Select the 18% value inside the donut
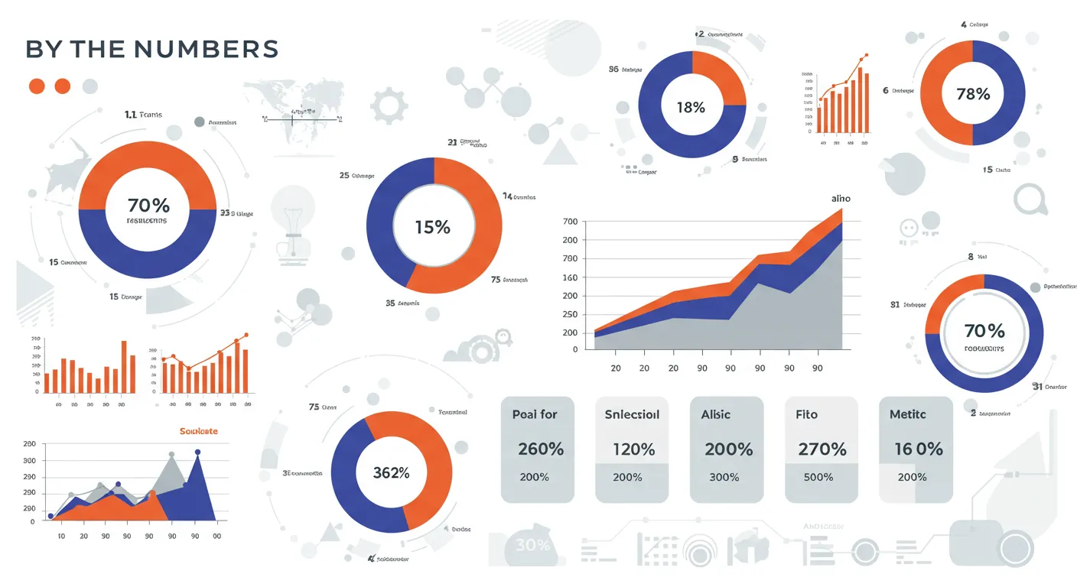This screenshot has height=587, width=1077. [691, 108]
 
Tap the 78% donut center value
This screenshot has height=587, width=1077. [973, 94]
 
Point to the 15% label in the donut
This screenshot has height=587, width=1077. [433, 227]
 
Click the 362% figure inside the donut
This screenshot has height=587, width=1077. [391, 472]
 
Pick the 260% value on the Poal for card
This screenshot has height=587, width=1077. [541, 449]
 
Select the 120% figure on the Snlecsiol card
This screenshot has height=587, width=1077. [633, 449]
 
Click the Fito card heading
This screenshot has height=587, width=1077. [806, 414]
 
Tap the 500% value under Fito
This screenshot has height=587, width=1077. [818, 477]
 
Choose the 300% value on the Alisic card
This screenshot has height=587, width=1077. [724, 477]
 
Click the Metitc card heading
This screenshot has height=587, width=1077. [908, 414]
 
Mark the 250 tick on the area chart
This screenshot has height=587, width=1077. [570, 314]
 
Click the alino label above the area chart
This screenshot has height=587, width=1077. [841, 198]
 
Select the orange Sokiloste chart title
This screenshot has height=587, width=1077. [198, 431]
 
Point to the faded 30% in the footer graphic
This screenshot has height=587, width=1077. [532, 545]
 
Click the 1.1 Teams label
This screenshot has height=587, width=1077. [143, 115]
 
